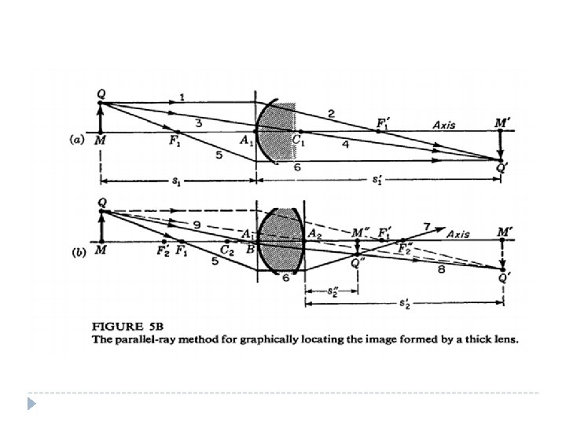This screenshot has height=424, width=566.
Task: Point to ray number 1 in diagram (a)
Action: click(x=182, y=97)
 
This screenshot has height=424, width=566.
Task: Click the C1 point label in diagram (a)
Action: click(x=300, y=141)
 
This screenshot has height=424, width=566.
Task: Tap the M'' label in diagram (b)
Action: click(x=361, y=234)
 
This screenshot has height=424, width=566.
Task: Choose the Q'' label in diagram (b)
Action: click(x=358, y=262)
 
